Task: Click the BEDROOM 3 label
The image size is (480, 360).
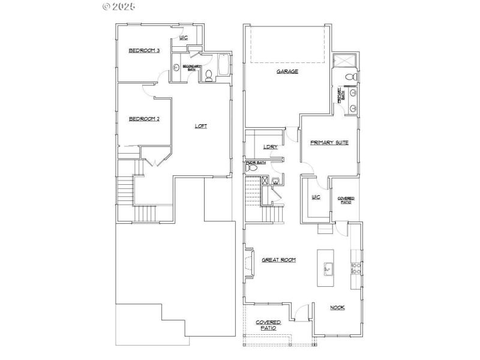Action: [x=144, y=50]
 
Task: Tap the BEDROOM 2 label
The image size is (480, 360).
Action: [x=144, y=119]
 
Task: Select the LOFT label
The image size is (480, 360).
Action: [x=201, y=126]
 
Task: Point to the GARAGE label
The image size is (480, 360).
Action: [x=287, y=71]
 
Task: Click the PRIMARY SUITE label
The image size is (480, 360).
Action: [x=329, y=142]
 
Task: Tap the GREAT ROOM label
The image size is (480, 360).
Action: [x=278, y=260]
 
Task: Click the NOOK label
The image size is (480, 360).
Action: [x=337, y=307]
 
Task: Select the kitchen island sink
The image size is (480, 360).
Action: [x=328, y=269]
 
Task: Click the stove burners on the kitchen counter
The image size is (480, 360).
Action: [x=355, y=268]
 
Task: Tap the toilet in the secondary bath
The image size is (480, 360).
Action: [x=208, y=76]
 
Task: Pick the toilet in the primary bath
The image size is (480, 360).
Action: [x=353, y=77]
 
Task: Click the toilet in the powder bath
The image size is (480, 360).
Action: [x=252, y=168]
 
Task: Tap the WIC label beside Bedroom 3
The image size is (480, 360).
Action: [x=183, y=38]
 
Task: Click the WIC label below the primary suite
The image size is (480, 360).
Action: [x=316, y=197]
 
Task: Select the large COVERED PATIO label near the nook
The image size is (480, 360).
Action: [x=268, y=325]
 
